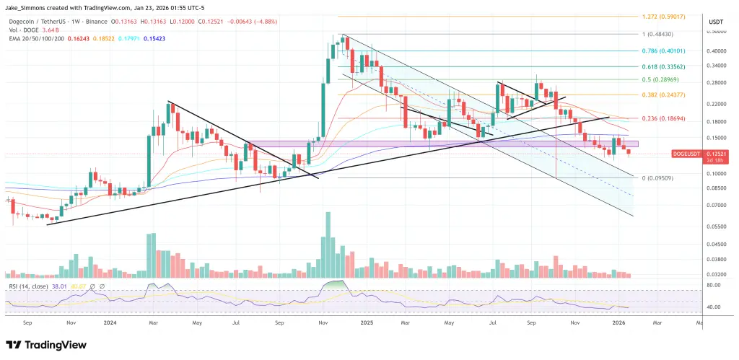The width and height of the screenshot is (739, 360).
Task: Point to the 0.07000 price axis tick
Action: (717, 205)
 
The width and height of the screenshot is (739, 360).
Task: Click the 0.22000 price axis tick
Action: (717, 105)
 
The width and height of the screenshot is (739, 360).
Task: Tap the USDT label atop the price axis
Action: (716, 22)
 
